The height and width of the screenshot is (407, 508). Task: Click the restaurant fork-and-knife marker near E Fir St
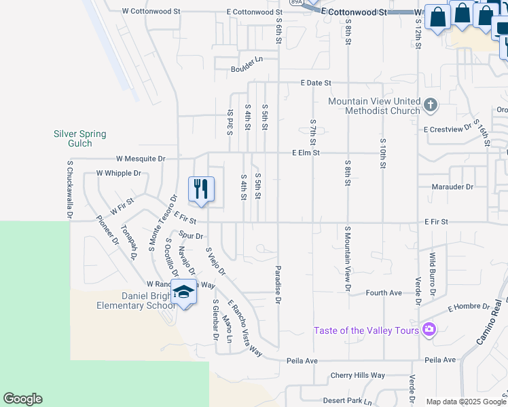coord(200,189)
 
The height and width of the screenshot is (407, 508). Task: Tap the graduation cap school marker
coord(183,292)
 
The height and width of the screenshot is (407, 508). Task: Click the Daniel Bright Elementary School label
coord(148,301)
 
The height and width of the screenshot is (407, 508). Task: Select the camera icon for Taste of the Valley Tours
coord(429,330)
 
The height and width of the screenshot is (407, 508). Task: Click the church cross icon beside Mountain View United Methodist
coord(430,105)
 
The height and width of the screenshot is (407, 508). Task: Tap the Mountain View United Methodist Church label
coord(374,106)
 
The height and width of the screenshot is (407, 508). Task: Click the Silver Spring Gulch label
coord(80,138)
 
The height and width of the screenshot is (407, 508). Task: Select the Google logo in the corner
coord(22,399)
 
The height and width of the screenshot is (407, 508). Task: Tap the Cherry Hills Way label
coord(358,375)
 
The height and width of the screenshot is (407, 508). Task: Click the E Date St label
coord(316,83)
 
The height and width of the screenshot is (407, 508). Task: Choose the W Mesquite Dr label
coord(141,159)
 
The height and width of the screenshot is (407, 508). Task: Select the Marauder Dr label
coord(452,187)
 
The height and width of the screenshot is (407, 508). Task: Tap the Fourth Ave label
coord(384,293)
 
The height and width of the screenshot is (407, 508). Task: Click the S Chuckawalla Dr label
coord(69,189)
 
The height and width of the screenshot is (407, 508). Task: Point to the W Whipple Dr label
coord(118,174)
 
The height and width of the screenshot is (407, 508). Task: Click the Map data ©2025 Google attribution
coord(467,402)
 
